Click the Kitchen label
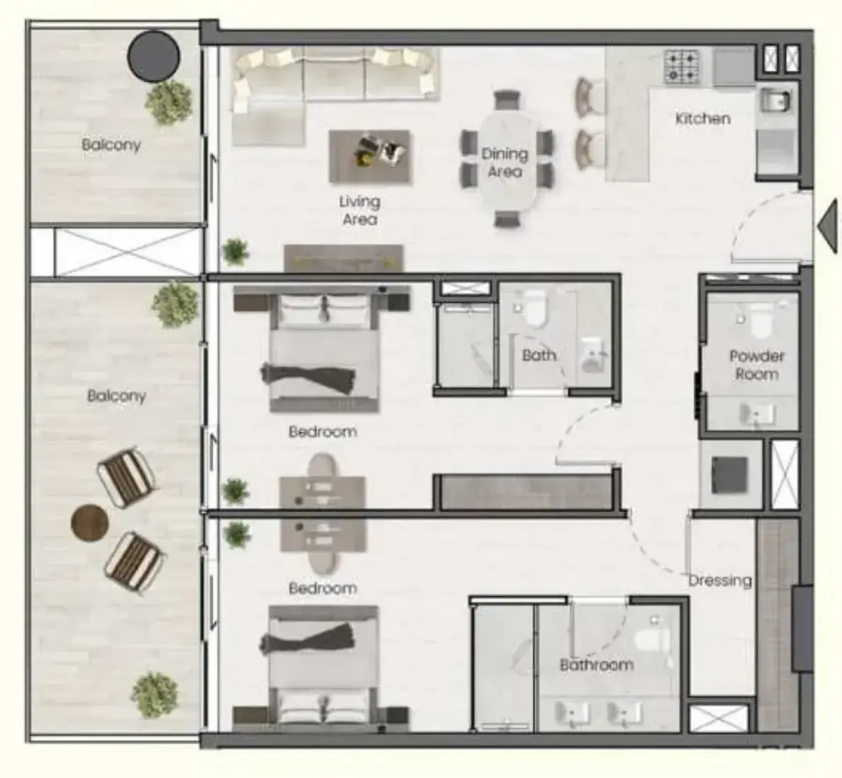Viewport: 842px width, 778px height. pyautogui.click(x=703, y=118)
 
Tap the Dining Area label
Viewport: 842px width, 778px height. pyautogui.click(x=504, y=162)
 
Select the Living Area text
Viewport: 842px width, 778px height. pyautogui.click(x=359, y=211)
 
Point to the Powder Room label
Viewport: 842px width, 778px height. pyautogui.click(x=756, y=364)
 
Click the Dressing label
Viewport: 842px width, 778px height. pyautogui.click(x=720, y=581)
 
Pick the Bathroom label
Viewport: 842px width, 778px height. pyautogui.click(x=596, y=665)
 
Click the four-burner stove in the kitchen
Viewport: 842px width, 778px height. pyautogui.click(x=681, y=66)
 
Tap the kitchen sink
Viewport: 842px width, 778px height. pyautogui.click(x=775, y=100)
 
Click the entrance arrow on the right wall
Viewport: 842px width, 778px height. pyautogui.click(x=828, y=226)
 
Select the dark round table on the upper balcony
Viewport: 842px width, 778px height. pyautogui.click(x=154, y=57)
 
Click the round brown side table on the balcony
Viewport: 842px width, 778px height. pyautogui.click(x=90, y=523)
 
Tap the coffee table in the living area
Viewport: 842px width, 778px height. pyautogui.click(x=369, y=156)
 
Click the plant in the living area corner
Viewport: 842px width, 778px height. pyautogui.click(x=235, y=252)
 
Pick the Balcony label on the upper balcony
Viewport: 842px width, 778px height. pyautogui.click(x=111, y=144)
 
